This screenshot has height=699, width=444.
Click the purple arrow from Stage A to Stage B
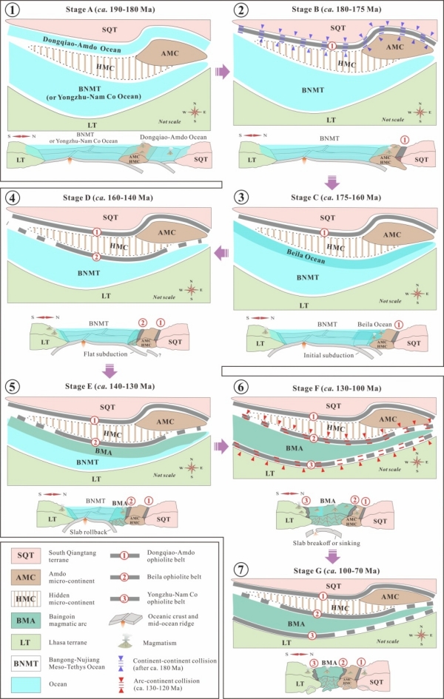pyautogui.click(x=221, y=73)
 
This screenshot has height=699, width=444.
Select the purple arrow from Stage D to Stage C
pyautogui.click(x=221, y=252)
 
